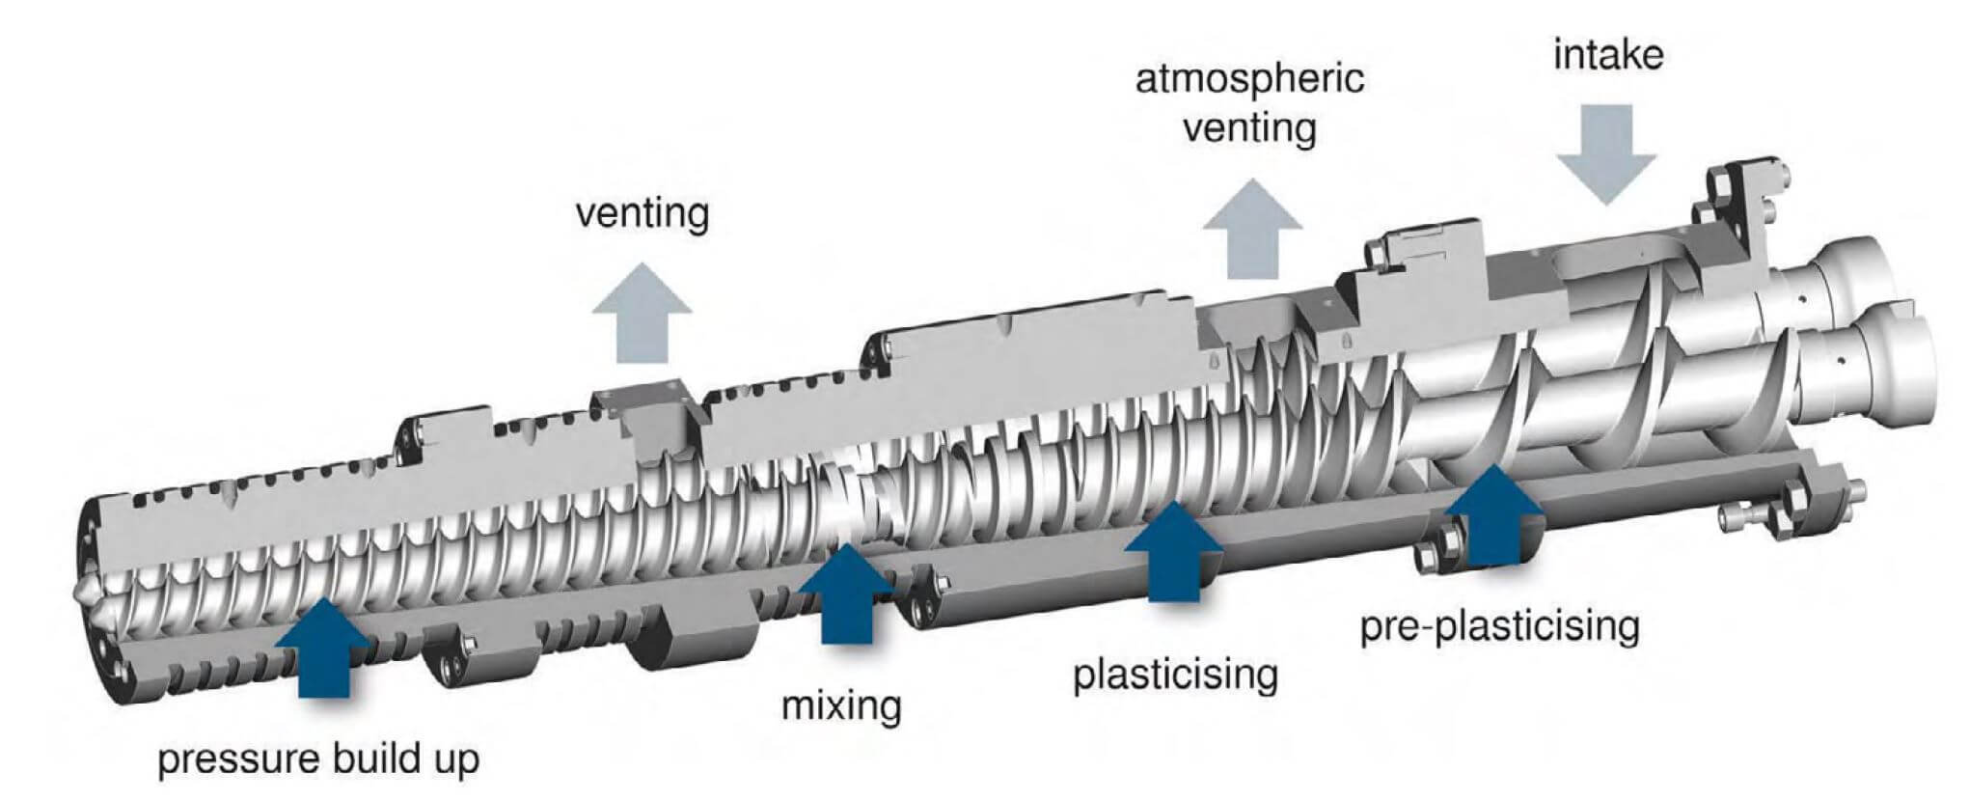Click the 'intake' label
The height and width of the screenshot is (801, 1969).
click(x=1607, y=55)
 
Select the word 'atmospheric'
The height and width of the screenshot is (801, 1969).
click(x=1249, y=78)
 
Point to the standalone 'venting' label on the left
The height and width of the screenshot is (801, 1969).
click(x=643, y=212)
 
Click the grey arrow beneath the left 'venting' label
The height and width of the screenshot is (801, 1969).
click(x=642, y=314)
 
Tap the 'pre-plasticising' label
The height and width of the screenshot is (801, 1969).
click(x=1499, y=626)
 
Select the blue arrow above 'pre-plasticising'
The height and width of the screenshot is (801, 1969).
click(x=1493, y=515)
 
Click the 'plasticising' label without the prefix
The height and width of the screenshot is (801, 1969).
click(x=1175, y=674)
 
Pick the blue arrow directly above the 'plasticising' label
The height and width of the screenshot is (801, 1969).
click(x=1173, y=551)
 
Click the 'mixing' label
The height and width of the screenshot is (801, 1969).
click(x=840, y=705)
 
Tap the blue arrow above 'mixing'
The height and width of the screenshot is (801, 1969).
click(x=846, y=594)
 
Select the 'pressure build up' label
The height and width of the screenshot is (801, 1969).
click(x=318, y=759)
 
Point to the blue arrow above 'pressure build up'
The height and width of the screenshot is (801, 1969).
click(x=323, y=647)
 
